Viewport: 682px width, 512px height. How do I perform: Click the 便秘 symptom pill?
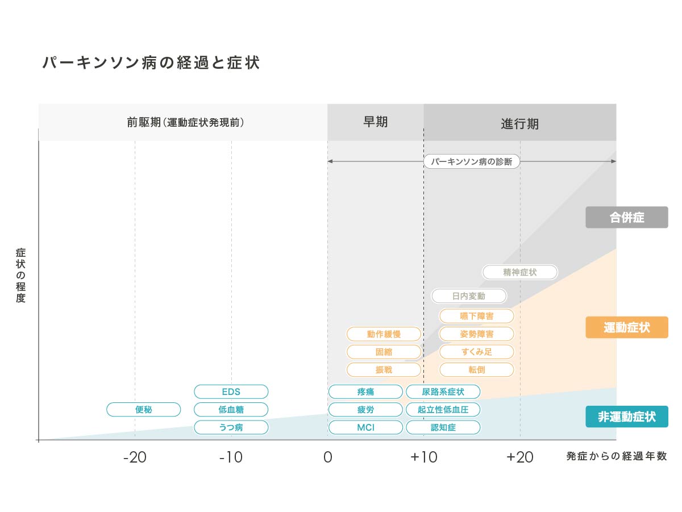coord(143,409)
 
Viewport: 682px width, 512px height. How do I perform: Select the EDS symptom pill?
coord(231,392)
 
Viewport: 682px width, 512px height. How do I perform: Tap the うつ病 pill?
coord(231,427)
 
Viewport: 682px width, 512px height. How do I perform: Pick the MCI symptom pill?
coord(365,427)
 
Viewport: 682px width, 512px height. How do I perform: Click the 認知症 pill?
coord(443,427)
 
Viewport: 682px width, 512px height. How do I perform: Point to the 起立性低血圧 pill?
coord(443,409)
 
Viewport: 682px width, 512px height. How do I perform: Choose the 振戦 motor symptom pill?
coord(384,370)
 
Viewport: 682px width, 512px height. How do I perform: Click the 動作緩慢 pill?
coord(384,334)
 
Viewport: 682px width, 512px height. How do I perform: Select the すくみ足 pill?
coord(476,352)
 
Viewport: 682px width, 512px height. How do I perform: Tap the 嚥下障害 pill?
coord(476,316)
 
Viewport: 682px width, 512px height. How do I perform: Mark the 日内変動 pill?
coord(468,295)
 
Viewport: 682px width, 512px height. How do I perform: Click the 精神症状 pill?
coord(520,272)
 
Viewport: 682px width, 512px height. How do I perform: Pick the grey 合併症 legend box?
coord(627,217)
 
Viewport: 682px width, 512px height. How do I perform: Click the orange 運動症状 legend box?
coord(627,327)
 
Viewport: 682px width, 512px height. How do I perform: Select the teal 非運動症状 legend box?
coord(627,417)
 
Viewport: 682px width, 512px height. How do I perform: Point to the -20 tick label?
coord(135,457)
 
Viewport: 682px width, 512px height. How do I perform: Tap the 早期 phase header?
coord(375,122)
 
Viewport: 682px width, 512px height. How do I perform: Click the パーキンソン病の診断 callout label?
coord(472,161)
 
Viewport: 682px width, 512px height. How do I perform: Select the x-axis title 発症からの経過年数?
coord(617,456)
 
